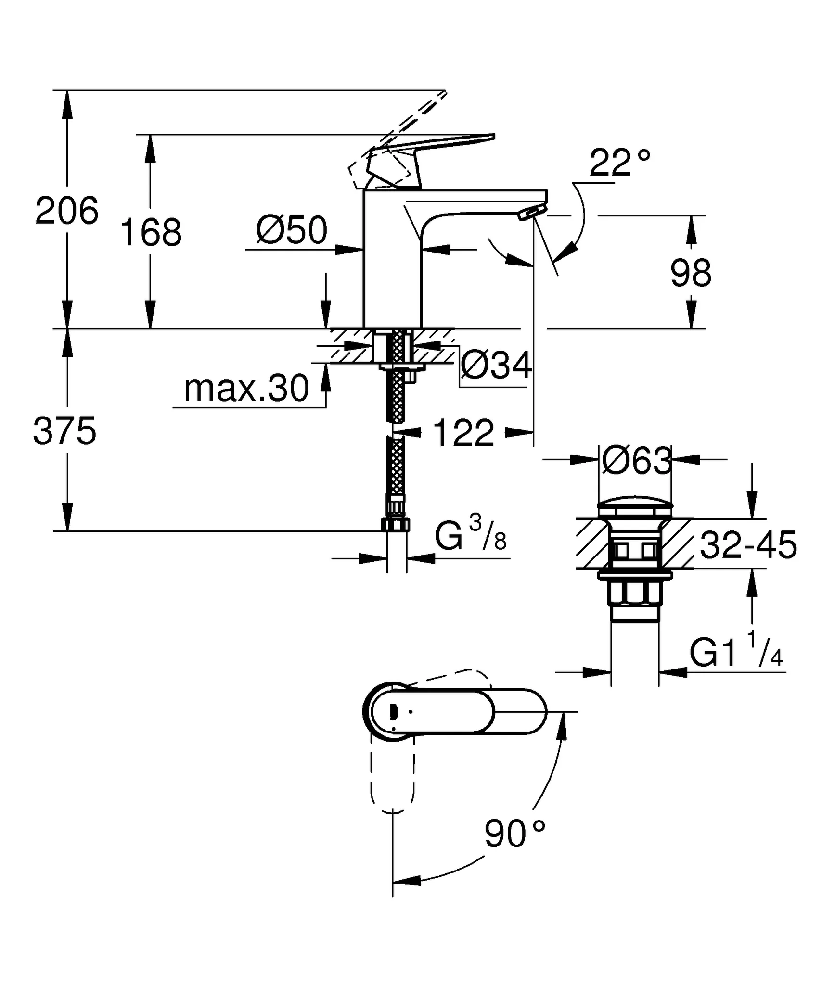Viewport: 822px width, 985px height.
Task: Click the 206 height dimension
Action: [67, 211]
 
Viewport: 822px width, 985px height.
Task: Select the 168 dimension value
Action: [151, 233]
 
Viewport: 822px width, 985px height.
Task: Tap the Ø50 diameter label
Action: [292, 230]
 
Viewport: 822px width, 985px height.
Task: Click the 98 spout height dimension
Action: [691, 273]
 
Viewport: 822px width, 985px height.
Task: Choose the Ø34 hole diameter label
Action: [496, 365]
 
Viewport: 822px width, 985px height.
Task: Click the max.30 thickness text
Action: [246, 389]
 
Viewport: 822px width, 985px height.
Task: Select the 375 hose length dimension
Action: [64, 431]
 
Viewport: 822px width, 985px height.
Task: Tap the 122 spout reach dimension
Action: [464, 433]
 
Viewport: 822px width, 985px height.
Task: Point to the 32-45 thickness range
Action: [748, 545]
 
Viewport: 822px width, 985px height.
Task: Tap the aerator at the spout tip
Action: [531, 212]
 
